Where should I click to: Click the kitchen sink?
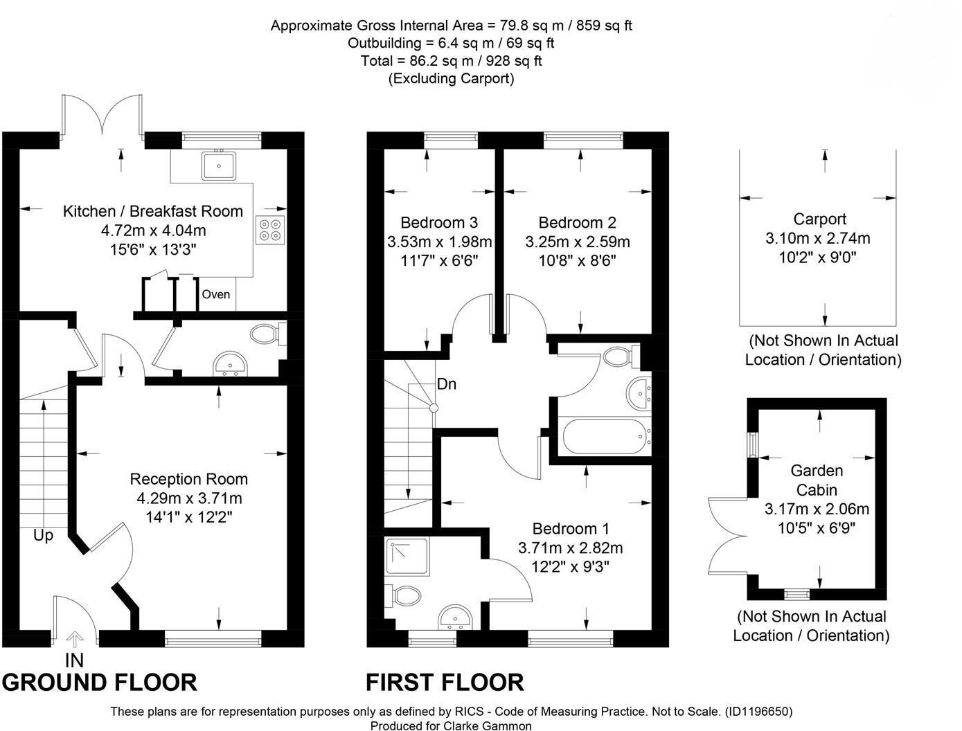pyautogui.click(x=219, y=165)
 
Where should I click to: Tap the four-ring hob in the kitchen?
pyautogui.click(x=270, y=230)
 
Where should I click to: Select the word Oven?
pyautogui.click(x=215, y=294)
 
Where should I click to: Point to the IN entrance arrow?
pyautogui.click(x=75, y=639)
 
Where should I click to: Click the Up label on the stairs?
pyautogui.click(x=44, y=536)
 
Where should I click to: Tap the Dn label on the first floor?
pyautogui.click(x=447, y=384)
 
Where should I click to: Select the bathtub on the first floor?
pyautogui.click(x=604, y=437)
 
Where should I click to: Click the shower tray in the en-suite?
pyautogui.click(x=408, y=557)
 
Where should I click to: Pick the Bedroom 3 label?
pyautogui.click(x=439, y=222)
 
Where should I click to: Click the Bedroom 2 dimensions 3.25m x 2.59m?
pyautogui.click(x=578, y=242)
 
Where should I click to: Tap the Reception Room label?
pyautogui.click(x=189, y=479)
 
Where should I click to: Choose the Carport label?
pyautogui.click(x=819, y=219)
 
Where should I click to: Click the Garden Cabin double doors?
pyautogui.click(x=727, y=536)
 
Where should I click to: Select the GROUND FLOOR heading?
pyautogui.click(x=100, y=683)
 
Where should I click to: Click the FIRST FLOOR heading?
pyautogui.click(x=445, y=683)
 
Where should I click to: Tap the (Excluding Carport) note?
pyautogui.click(x=451, y=78)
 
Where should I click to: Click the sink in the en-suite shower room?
pyautogui.click(x=454, y=617)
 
